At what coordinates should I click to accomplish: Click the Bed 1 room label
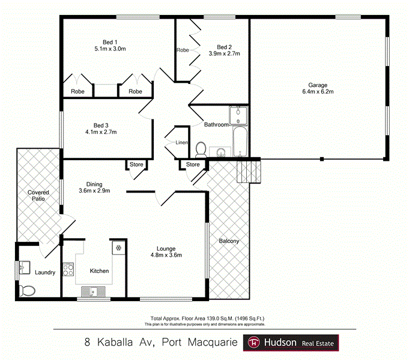coord(109,41)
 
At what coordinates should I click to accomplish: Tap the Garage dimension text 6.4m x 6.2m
coord(317,92)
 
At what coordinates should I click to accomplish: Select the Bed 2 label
coord(224,47)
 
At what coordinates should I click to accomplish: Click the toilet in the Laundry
coord(27,291)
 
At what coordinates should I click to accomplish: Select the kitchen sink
coord(92,292)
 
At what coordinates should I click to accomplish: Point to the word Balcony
coord(229,241)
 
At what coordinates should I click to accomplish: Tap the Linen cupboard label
coord(182,143)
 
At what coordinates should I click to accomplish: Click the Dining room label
coord(94,184)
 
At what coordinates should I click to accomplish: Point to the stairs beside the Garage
coord(249,172)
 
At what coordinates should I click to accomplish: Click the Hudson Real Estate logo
coord(291,343)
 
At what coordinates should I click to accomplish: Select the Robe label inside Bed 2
coord(183,50)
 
